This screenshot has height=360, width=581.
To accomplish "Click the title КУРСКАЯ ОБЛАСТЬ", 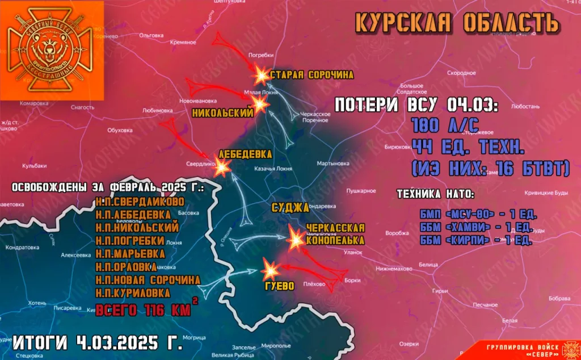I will (x=457, y=23).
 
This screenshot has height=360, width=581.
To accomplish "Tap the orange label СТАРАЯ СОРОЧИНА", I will (x=311, y=75).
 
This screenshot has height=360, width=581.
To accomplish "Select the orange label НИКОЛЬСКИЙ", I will (x=222, y=113).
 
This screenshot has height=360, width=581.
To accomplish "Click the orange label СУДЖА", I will (x=289, y=207).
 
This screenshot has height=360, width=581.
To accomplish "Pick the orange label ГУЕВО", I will (x=279, y=286).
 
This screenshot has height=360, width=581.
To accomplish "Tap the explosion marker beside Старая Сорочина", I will (x=260, y=74).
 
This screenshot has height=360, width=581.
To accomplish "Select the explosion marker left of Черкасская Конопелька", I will (x=295, y=239).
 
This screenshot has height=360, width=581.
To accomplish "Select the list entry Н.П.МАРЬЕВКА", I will (x=130, y=254).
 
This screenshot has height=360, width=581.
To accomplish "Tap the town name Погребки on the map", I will (x=261, y=55).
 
